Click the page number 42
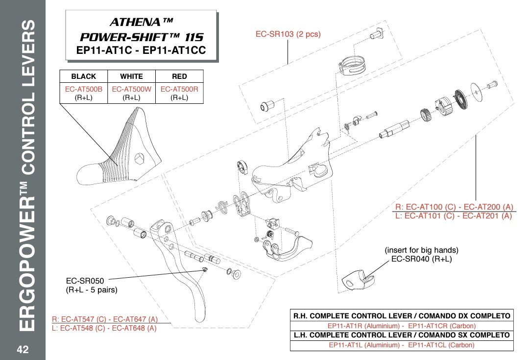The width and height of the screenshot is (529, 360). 23,350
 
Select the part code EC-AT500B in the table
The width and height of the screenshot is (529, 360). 83,89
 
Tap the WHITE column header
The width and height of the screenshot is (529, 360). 131,76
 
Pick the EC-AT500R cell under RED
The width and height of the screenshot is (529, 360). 179,89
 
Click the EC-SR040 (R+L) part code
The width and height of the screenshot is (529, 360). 421,259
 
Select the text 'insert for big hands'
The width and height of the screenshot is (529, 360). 421,250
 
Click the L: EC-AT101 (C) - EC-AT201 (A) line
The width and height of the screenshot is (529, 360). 453,216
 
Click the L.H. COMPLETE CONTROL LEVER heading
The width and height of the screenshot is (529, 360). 401,335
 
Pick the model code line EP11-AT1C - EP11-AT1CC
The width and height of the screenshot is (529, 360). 141,50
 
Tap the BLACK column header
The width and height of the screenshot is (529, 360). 83,76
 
